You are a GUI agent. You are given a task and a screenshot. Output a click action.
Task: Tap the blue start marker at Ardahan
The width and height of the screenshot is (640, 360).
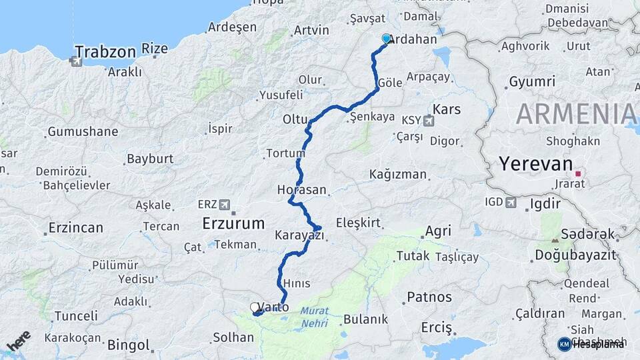pyautogui.click(x=386, y=39)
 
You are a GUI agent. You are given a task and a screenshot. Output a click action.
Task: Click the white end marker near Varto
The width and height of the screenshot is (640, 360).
pyautogui.click(x=254, y=307)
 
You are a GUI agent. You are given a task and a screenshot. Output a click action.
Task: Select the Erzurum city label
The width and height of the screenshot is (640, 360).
pyautogui.click(x=233, y=223)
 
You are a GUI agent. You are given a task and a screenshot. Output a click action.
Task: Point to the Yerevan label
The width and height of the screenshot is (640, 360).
pyautogui.click(x=536, y=164)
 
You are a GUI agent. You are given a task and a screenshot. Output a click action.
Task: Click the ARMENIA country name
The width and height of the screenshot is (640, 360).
pyautogui.click(x=577, y=114)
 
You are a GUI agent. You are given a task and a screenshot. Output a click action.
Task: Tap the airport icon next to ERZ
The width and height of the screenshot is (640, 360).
pyautogui.click(x=224, y=204)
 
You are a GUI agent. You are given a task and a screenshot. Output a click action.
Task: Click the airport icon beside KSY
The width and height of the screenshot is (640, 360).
pyautogui.click(x=427, y=120)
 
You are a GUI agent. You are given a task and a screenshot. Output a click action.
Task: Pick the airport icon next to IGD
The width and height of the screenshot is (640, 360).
pyautogui.click(x=510, y=202)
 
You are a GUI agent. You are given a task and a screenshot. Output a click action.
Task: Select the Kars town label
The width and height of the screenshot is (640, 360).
pyautogui.click(x=447, y=108)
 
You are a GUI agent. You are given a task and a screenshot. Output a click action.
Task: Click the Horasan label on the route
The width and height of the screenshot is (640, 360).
pyautogui.click(x=302, y=190)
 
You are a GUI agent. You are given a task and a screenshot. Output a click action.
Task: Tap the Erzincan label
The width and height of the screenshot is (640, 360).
pyautogui.click(x=75, y=228)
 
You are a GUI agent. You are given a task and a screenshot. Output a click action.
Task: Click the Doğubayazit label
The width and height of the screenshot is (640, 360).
pyautogui.click(x=575, y=255)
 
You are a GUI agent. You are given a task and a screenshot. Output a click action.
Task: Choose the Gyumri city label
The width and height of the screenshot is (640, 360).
pyautogui.click(x=531, y=82)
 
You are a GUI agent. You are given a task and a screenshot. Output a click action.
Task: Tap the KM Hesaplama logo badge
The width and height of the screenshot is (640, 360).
pyautogui.click(x=564, y=344)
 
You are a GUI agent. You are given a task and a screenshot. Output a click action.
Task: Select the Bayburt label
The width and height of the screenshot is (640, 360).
pyautogui.click(x=150, y=159)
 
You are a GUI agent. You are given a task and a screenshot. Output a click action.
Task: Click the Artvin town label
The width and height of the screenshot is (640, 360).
pyautogui.click(x=311, y=30)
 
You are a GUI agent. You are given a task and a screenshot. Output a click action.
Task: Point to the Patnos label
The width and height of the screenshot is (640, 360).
pyautogui.click(x=429, y=297)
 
